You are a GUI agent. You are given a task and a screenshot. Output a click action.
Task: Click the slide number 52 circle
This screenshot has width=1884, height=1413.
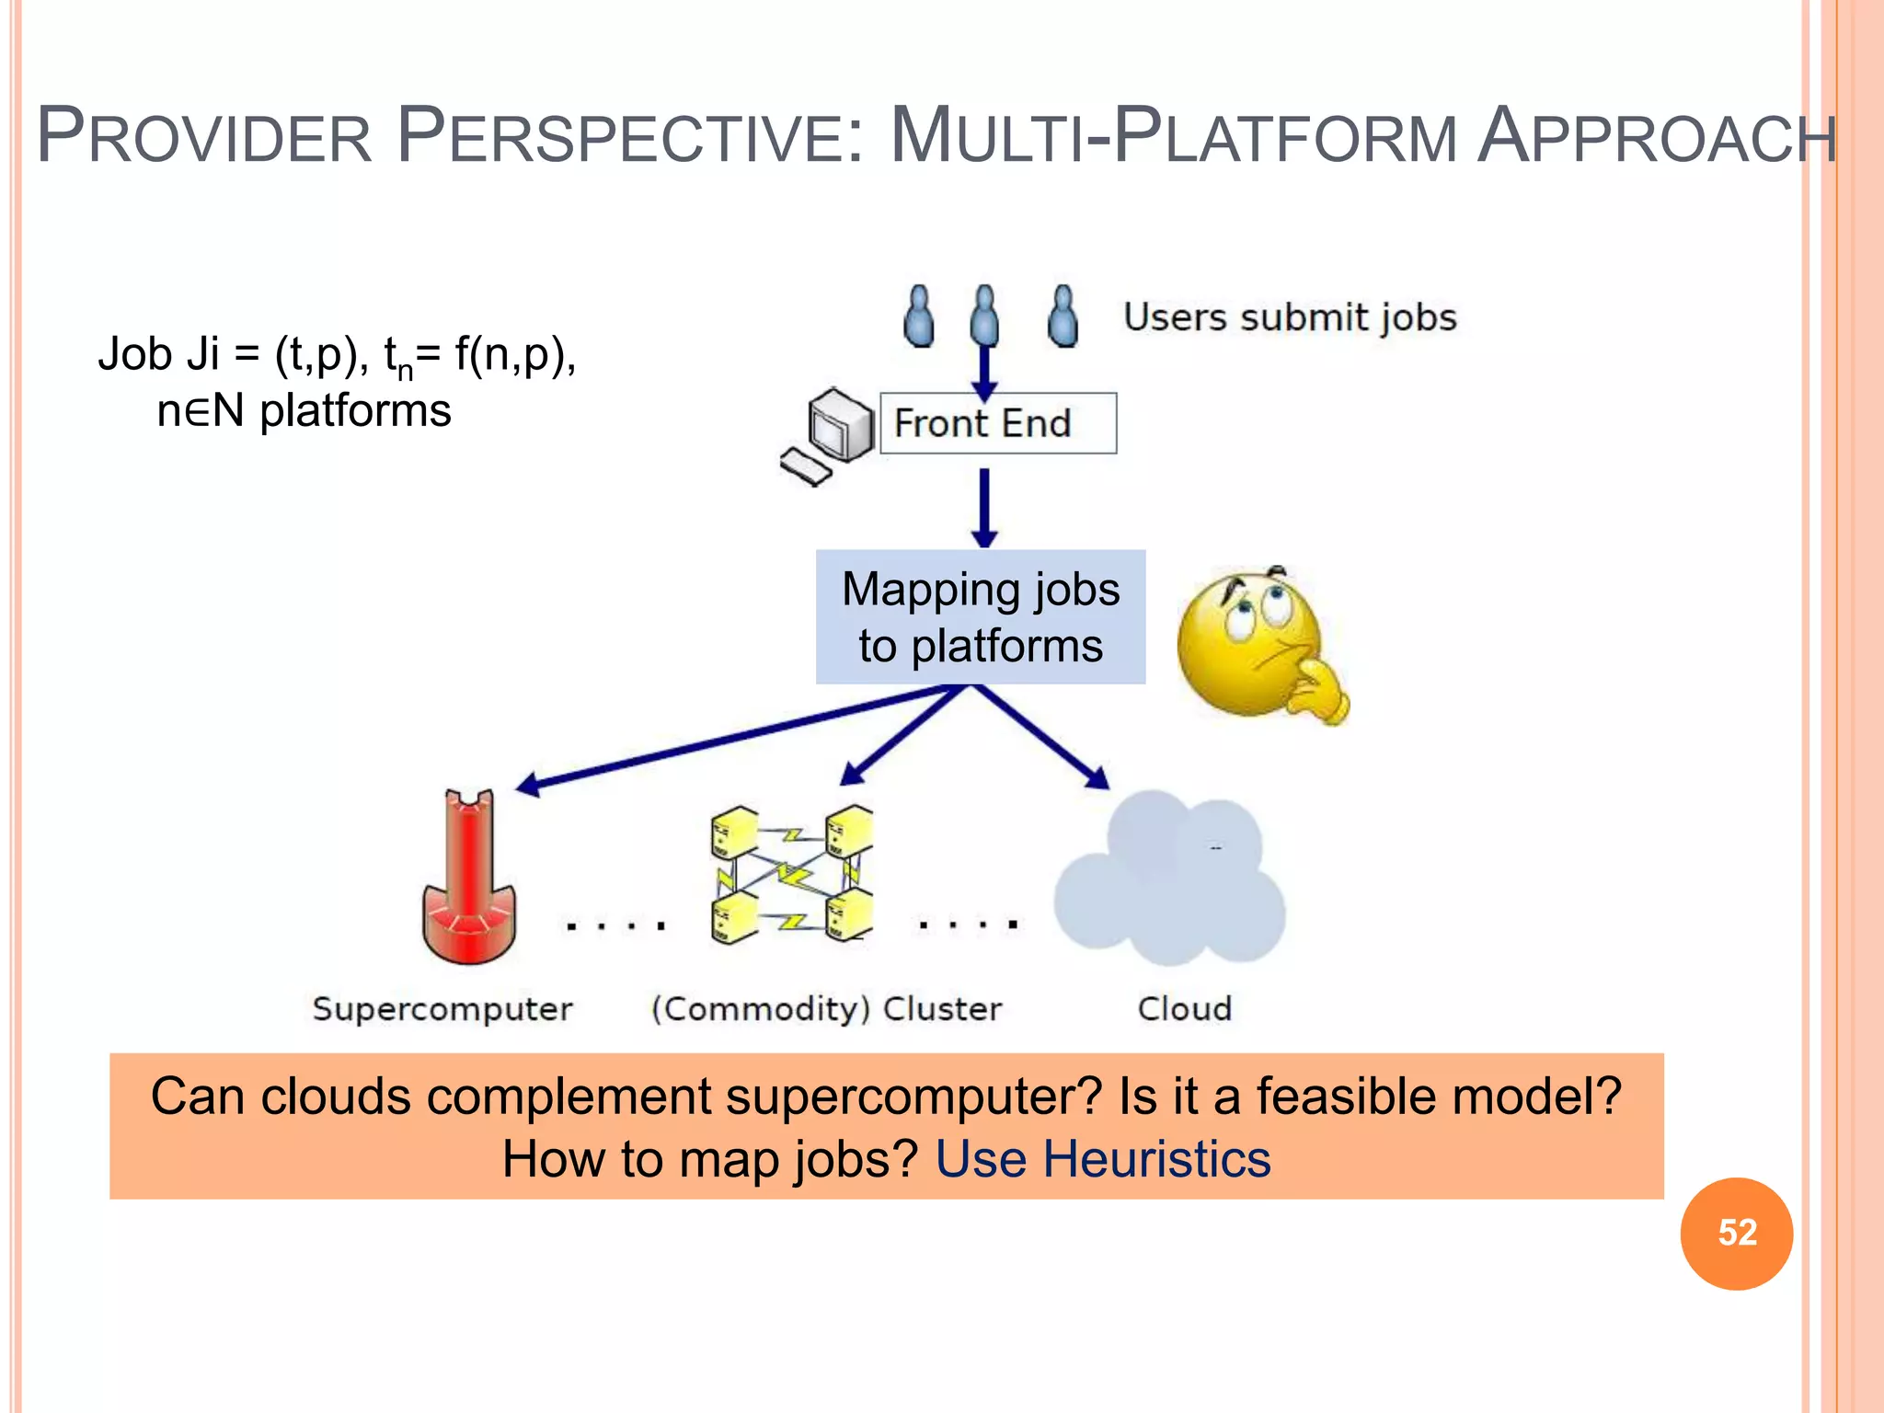pyautogui.click(x=1736, y=1233)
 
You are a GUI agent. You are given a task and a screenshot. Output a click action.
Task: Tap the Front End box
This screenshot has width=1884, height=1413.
pyautogui.click(x=998, y=423)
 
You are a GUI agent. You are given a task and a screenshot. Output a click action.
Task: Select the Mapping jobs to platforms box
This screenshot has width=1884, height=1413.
pyautogui.click(x=981, y=617)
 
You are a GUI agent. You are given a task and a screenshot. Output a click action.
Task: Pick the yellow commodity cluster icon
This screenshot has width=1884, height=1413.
pyautogui.click(x=791, y=874)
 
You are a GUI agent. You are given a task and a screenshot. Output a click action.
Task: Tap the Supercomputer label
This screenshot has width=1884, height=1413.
pyautogui.click(x=442, y=1009)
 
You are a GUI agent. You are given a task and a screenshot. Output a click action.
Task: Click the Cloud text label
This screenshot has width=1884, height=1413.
pyautogui.click(x=1184, y=1009)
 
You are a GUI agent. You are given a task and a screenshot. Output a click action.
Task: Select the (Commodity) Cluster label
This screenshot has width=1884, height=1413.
pyautogui.click(x=826, y=1009)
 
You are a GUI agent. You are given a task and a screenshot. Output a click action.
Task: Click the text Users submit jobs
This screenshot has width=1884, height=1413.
pyautogui.click(x=1290, y=317)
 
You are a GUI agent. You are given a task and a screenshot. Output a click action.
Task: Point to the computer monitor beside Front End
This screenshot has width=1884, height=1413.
pyautogui.click(x=839, y=425)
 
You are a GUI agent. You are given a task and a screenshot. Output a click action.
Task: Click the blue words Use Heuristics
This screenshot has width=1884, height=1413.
pyautogui.click(x=1103, y=1158)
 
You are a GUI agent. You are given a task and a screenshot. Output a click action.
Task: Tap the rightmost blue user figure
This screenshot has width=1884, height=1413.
pyautogui.click(x=1063, y=316)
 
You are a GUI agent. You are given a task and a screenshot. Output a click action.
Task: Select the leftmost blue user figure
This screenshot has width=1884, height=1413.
pyautogui.click(x=919, y=316)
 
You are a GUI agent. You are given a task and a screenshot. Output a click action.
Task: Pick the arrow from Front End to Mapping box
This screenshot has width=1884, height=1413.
pyautogui.click(x=984, y=506)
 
